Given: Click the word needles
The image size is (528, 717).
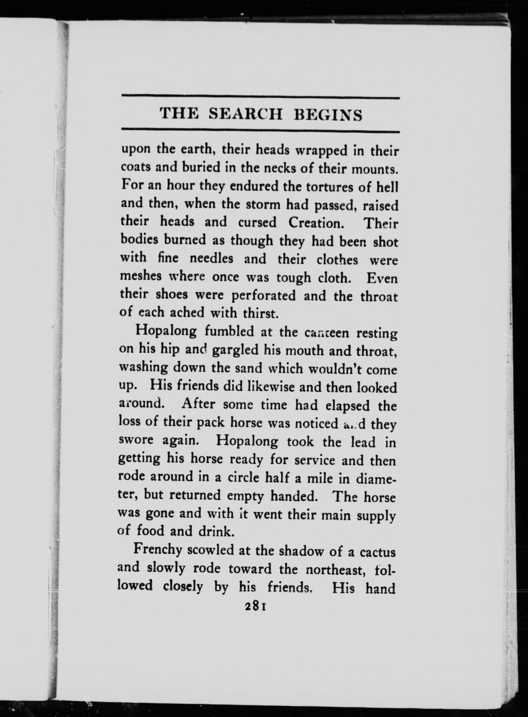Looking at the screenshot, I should pos(212,258).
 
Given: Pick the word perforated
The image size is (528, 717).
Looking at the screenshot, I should pos(263,296).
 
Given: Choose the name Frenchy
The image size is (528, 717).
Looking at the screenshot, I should pos(158,550).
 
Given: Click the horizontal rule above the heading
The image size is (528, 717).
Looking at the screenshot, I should pos(261,98).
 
